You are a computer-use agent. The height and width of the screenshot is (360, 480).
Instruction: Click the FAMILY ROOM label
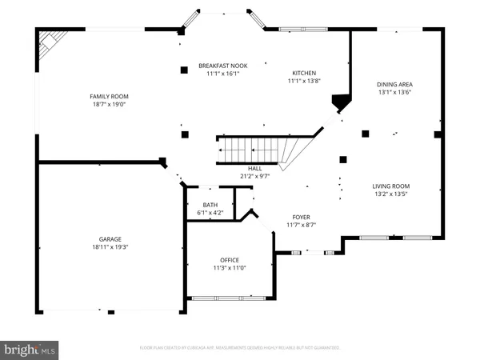109,96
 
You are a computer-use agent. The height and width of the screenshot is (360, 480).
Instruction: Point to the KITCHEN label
303,73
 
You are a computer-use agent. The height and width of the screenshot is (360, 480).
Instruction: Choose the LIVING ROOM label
391,186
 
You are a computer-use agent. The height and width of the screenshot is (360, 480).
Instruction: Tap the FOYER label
301,216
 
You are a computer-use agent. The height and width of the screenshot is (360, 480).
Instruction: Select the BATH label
210,205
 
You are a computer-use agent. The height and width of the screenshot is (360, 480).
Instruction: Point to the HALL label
255,168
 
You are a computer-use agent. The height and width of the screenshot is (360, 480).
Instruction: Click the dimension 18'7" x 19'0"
109,104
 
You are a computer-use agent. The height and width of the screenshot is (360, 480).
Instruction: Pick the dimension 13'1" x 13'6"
394,92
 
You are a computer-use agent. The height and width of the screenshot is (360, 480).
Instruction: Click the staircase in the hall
256,149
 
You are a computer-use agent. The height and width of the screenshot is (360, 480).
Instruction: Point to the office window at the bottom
229,298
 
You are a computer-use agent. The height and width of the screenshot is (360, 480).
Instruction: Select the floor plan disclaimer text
240,348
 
